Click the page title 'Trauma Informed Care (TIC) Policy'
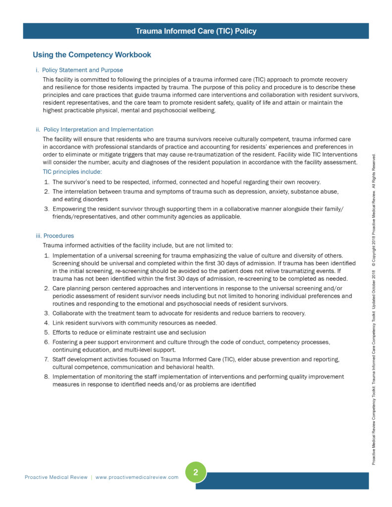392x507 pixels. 196,31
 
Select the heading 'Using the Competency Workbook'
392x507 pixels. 92,54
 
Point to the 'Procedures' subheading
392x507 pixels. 58,236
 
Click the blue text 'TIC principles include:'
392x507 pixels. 72,171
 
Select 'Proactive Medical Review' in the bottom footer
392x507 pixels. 56,477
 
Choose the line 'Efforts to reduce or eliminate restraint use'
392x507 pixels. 129,332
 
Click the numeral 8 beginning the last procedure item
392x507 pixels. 47,377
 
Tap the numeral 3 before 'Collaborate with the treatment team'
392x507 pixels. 47,313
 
